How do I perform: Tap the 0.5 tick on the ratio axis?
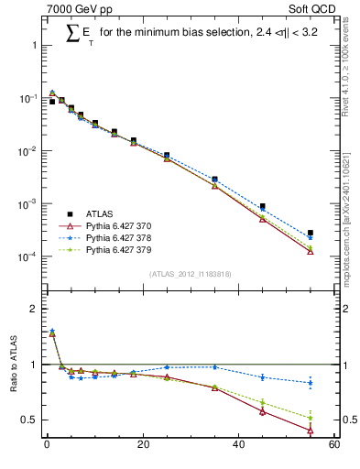[29, 420]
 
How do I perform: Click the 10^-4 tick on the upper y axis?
[27, 256]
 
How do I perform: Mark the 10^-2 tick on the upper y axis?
[27, 151]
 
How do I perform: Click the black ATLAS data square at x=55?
[310, 234]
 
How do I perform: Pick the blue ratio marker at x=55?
[310, 383]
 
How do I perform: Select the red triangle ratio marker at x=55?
[310, 430]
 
